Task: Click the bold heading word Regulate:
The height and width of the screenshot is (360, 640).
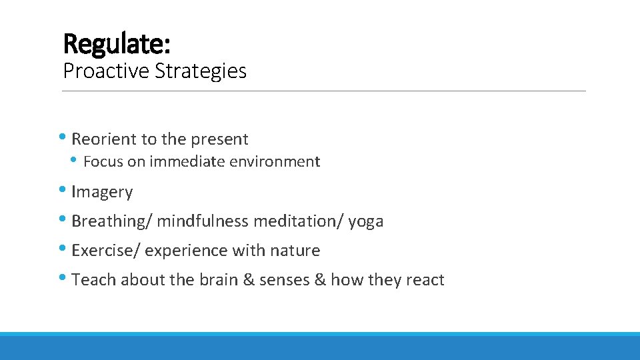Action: pyautogui.click(x=117, y=44)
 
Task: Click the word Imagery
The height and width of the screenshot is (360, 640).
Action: pyautogui.click(x=102, y=192)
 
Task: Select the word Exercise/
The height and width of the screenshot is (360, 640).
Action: pyautogui.click(x=105, y=251)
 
